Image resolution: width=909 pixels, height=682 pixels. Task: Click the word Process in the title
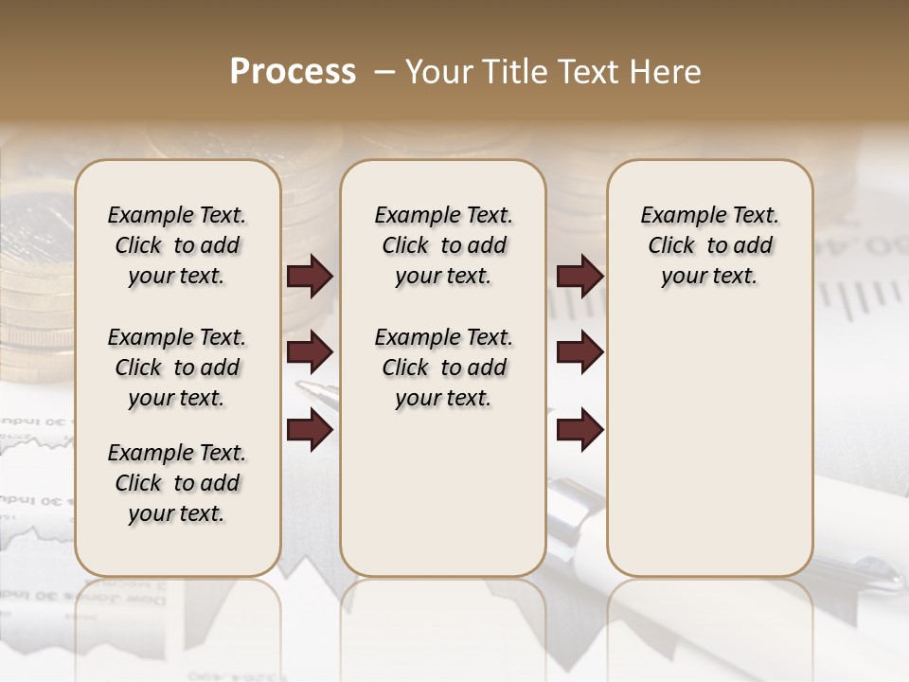click(x=293, y=72)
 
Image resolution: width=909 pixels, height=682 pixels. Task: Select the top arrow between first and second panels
click(x=310, y=277)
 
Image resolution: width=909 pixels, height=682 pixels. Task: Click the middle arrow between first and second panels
click(x=310, y=353)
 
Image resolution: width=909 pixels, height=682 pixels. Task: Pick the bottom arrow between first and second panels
click(x=310, y=430)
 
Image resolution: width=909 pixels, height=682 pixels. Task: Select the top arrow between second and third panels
click(x=579, y=277)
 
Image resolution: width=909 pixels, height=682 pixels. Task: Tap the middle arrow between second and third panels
click(x=579, y=353)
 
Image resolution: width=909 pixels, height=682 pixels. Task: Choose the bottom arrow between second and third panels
click(x=579, y=430)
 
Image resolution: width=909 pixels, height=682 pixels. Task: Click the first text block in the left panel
click(x=177, y=245)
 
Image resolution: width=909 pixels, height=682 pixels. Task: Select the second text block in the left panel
click(x=177, y=368)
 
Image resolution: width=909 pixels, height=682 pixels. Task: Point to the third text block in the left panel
click(x=177, y=483)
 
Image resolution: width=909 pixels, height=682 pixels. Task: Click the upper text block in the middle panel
click(x=443, y=245)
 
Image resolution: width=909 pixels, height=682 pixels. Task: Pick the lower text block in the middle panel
click(x=443, y=368)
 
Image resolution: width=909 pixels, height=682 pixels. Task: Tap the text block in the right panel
click(x=709, y=245)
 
